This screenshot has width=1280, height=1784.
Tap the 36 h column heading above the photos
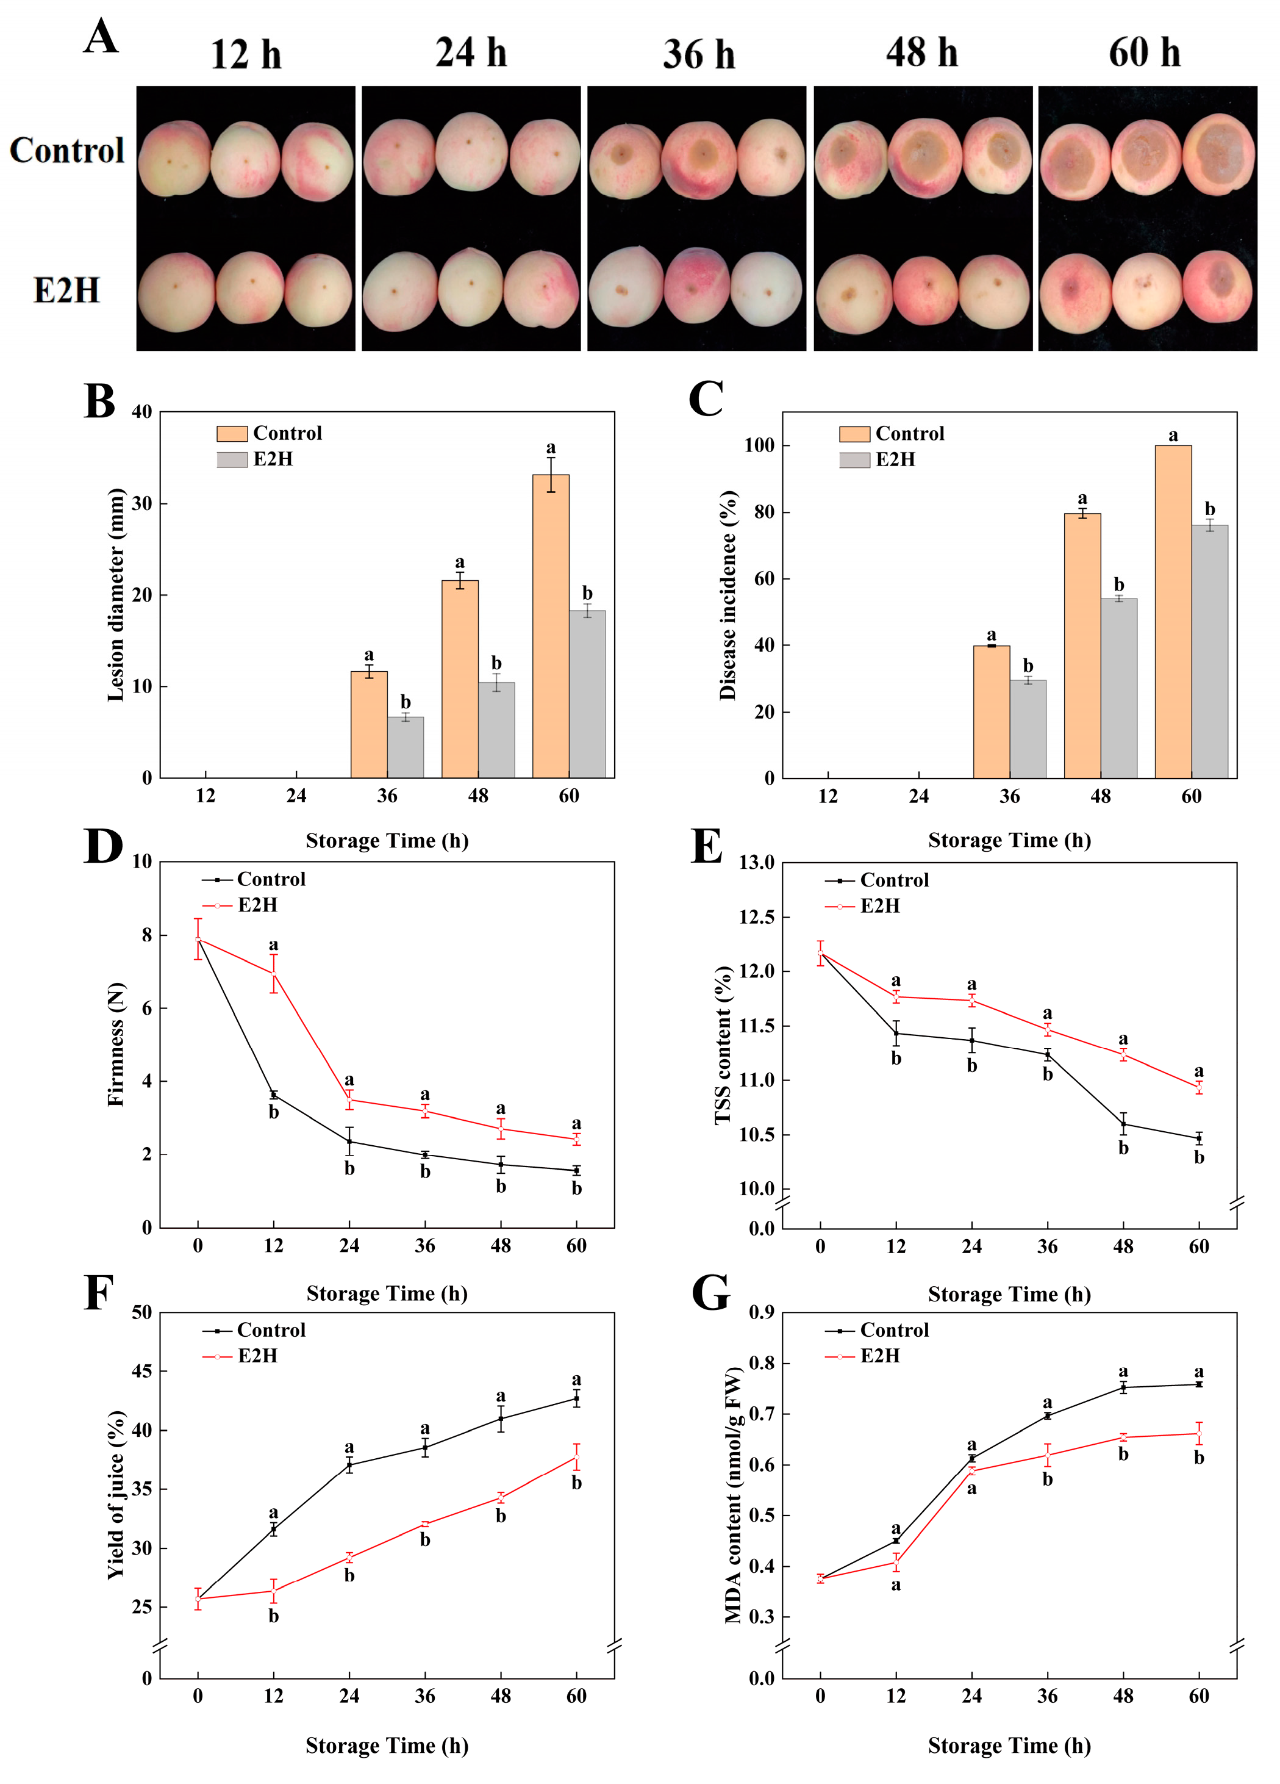click(x=698, y=54)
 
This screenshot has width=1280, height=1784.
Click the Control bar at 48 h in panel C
click(x=1082, y=645)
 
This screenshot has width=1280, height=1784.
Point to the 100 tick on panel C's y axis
click(x=759, y=446)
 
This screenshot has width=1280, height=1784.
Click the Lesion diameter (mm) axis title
click(x=116, y=595)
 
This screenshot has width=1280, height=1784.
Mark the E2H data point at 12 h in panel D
click(x=274, y=973)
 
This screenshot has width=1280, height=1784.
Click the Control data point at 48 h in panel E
click(x=1123, y=1124)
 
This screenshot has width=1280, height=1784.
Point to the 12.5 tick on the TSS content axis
click(x=756, y=917)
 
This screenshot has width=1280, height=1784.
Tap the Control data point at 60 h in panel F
click(x=576, y=1398)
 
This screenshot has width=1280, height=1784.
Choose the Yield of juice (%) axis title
click(x=116, y=1495)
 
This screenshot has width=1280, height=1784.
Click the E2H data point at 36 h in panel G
click(x=1047, y=1455)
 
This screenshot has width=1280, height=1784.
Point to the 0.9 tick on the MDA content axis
click(x=761, y=1312)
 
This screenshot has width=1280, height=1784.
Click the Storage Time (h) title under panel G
click(x=1009, y=1746)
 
